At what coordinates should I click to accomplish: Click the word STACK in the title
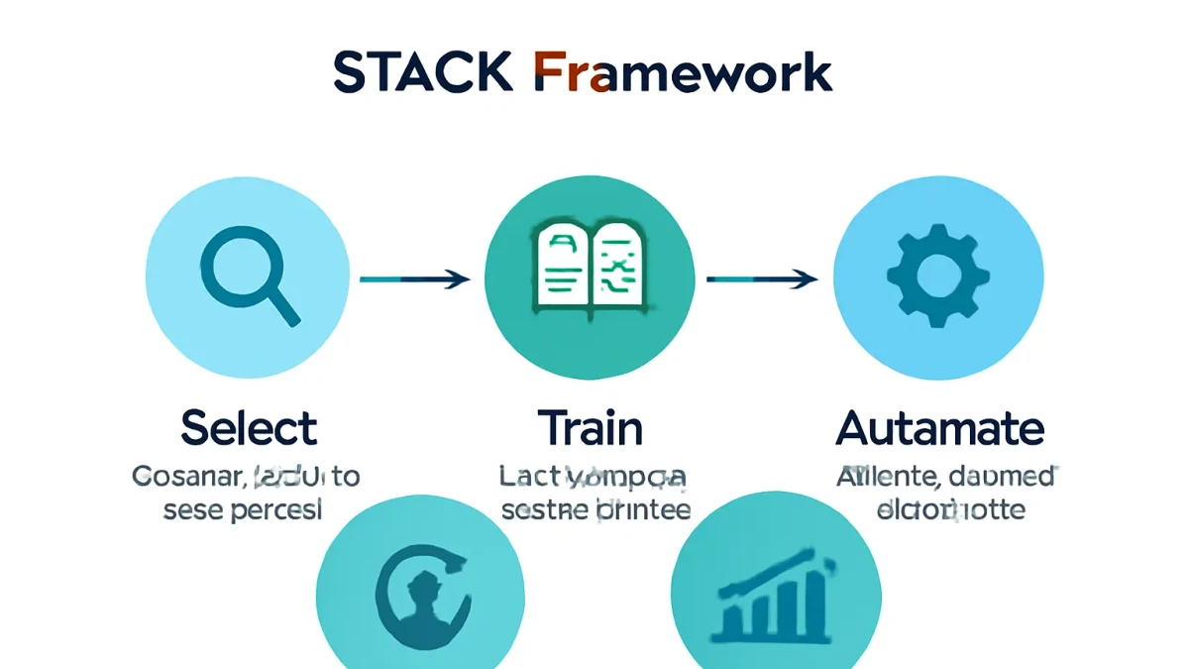point(424,73)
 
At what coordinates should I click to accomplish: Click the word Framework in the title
point(683,73)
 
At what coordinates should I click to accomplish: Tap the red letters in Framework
point(570,73)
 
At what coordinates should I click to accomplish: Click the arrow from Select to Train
point(414,280)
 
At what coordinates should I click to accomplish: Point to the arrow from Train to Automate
point(761,280)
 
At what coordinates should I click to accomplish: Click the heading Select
point(249,429)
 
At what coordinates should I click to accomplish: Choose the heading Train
point(591,429)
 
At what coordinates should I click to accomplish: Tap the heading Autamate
point(939,429)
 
